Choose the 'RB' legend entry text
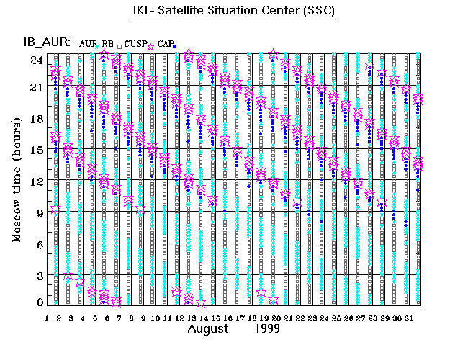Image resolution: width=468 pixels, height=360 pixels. [x=108, y=44]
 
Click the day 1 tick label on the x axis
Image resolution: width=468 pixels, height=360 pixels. [x=47, y=318]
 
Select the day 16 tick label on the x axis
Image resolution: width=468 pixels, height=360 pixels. [x=228, y=318]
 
